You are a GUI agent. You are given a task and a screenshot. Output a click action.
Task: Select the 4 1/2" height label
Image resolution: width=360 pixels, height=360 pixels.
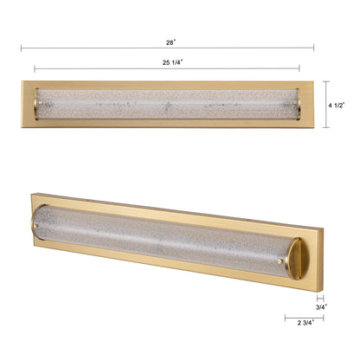pos(337,105)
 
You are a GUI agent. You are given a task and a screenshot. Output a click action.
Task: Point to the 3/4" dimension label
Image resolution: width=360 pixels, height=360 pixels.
pos(321,306)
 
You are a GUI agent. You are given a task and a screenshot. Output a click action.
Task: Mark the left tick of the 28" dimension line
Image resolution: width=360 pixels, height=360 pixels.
pos(21,48)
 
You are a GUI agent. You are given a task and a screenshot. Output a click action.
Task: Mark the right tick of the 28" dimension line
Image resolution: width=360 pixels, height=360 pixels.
pos(314,48)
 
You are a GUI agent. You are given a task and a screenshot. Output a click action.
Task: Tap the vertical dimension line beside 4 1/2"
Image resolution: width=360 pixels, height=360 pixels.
pos(325,105)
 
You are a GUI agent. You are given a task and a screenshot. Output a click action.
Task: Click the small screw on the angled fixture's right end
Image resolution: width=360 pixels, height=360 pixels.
pos(280,260)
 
